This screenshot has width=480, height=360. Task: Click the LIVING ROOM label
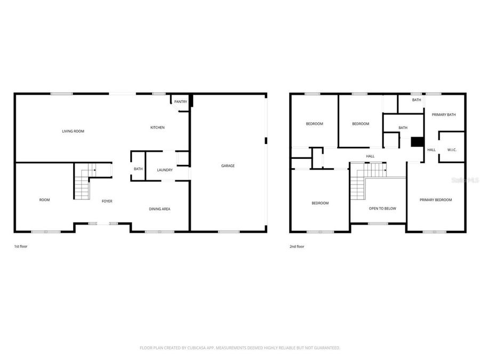[73, 131]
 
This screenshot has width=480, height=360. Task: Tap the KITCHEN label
[157, 127]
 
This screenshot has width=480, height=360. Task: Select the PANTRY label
[180, 101]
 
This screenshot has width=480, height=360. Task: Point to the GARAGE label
[228, 166]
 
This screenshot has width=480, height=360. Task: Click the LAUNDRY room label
[165, 170]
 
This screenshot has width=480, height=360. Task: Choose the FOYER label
[107, 201]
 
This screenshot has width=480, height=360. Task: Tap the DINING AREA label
[159, 209]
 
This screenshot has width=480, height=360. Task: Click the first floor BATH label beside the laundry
[138, 170]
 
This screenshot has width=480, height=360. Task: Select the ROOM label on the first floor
[44, 200]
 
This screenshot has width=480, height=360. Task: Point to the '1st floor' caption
[20, 247]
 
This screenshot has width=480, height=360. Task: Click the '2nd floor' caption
[297, 247]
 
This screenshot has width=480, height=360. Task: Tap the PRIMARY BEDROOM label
[435, 200]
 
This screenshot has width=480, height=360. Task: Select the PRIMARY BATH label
[444, 115]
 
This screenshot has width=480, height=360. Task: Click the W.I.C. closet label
[452, 150]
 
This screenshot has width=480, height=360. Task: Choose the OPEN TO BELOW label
[382, 209]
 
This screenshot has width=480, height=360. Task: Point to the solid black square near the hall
[417, 142]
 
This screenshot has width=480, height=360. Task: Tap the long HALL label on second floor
[370, 156]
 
